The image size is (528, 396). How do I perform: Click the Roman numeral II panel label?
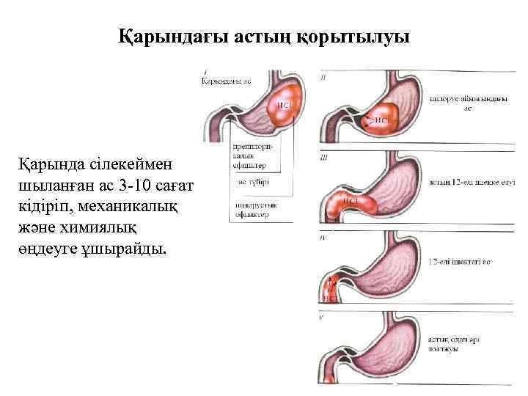(x=324, y=76)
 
